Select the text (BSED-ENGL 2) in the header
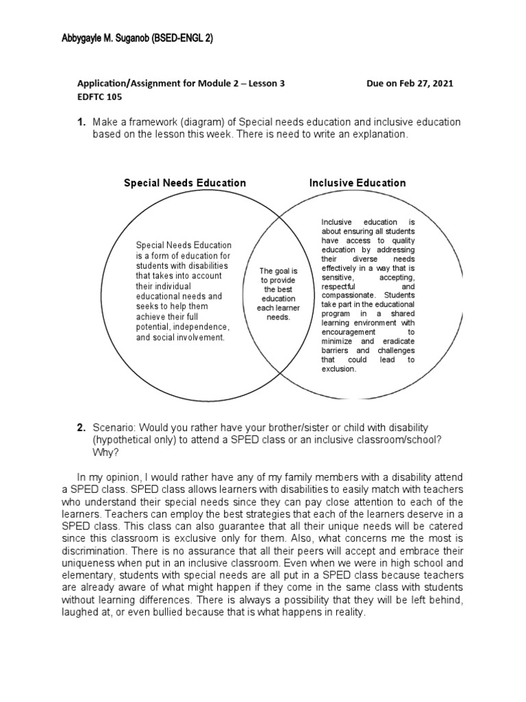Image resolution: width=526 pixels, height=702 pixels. coord(181,39)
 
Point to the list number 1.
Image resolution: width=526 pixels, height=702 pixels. coord(81,122)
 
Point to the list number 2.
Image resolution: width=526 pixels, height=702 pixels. coord(81,428)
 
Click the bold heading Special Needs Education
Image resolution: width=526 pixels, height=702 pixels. coord(184,183)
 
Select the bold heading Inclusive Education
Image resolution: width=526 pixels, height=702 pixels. coord(358,183)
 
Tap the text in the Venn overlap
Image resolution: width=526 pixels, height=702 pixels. coord(278,294)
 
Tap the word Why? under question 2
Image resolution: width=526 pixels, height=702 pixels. coord(103,452)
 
